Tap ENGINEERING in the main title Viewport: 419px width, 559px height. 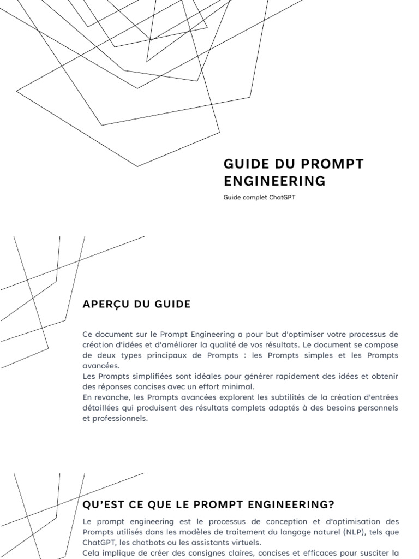click(x=274, y=181)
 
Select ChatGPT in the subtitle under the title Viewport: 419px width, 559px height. click(x=282, y=198)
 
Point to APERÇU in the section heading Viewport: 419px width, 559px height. click(x=106, y=304)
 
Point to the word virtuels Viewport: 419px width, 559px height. click(x=245, y=542)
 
